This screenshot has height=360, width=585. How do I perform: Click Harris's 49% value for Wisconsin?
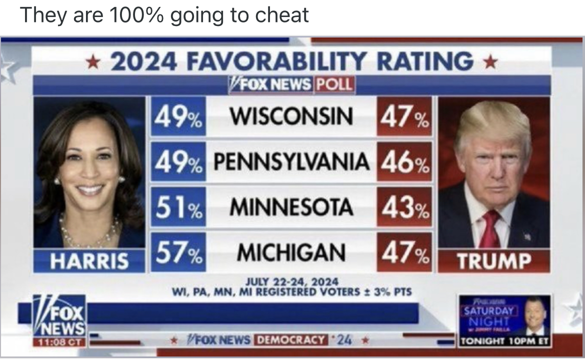pyautogui.click(x=178, y=116)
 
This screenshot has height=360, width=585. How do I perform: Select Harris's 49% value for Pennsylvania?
pyautogui.click(x=178, y=161)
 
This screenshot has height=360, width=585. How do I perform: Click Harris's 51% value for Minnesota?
pyautogui.click(x=178, y=206)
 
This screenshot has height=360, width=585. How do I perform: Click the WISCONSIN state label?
pyautogui.click(x=291, y=116)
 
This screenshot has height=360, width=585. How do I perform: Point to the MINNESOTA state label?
pyautogui.click(x=291, y=206)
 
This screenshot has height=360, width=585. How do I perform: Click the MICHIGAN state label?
pyautogui.click(x=291, y=251)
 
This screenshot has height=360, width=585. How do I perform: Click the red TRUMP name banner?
pyautogui.click(x=493, y=261)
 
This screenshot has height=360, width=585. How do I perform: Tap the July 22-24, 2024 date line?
pyautogui.click(x=291, y=281)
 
